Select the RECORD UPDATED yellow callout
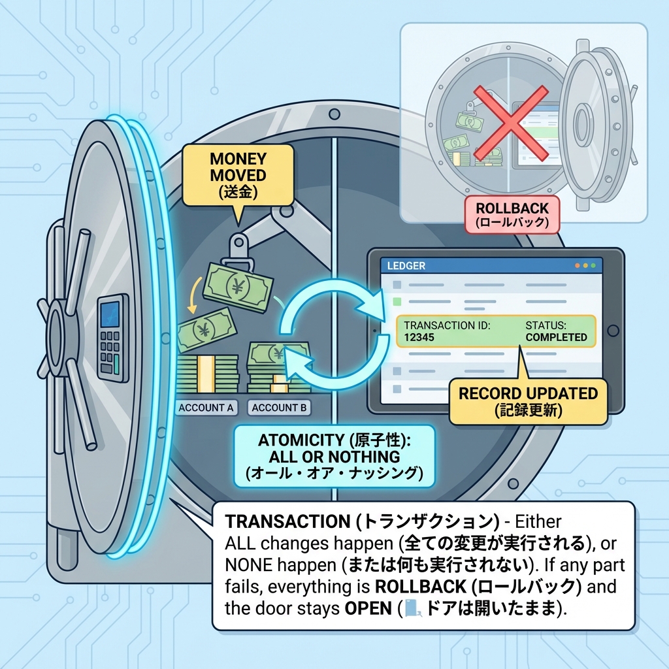(x=528, y=401)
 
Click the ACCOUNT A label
(x=205, y=408)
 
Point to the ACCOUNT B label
(x=279, y=408)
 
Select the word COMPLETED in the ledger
(x=556, y=337)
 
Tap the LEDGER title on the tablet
(x=406, y=266)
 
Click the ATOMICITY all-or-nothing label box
(x=334, y=455)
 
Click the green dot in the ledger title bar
(x=593, y=266)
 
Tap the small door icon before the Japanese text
(x=411, y=608)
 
